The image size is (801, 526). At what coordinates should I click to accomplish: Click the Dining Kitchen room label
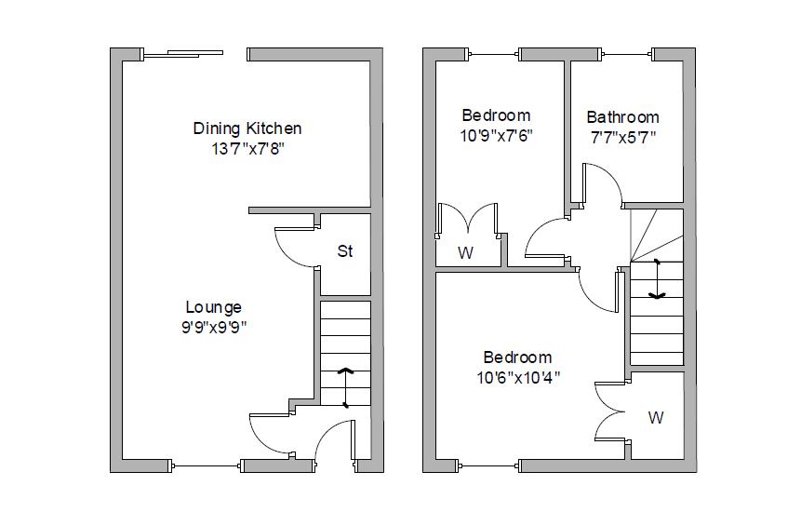[x=247, y=128]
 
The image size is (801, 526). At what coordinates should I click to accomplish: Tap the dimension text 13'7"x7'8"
[x=247, y=149]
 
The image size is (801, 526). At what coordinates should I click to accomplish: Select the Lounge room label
[x=213, y=307]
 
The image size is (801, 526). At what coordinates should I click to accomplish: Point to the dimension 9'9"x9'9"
[x=213, y=327]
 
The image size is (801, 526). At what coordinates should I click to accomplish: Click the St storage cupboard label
[x=345, y=251]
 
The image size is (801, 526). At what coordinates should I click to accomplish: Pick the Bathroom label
[x=622, y=117]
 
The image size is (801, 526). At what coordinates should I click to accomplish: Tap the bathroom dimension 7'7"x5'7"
[x=622, y=138]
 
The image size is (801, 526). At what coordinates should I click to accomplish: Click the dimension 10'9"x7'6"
[x=497, y=136]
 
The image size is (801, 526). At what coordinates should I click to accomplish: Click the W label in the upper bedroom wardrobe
[x=465, y=252]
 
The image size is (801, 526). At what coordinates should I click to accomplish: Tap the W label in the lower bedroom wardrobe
[x=656, y=418]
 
